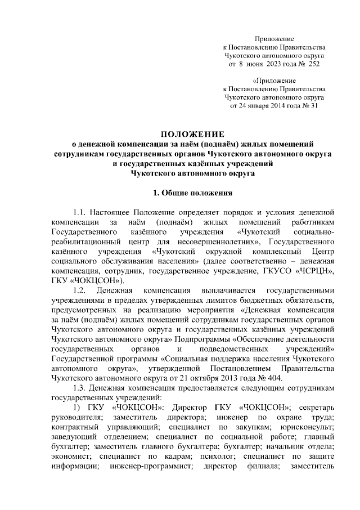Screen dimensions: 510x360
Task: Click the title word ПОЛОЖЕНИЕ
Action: click(x=193, y=134)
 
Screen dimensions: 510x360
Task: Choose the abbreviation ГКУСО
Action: click(x=277, y=271)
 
